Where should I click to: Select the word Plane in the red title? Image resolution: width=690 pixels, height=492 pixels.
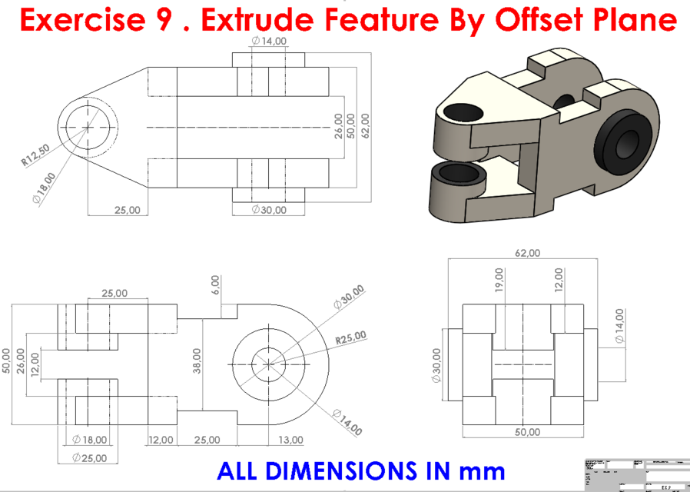click(x=637, y=21)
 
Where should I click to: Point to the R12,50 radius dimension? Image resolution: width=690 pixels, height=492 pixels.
click(x=35, y=156)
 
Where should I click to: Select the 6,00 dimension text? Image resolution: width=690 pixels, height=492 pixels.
click(x=216, y=284)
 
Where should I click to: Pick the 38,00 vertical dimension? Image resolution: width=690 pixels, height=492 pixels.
click(x=197, y=360)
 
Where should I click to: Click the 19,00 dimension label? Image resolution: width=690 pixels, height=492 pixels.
click(x=499, y=279)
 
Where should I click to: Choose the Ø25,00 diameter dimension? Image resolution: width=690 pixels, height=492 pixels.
click(x=90, y=457)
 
